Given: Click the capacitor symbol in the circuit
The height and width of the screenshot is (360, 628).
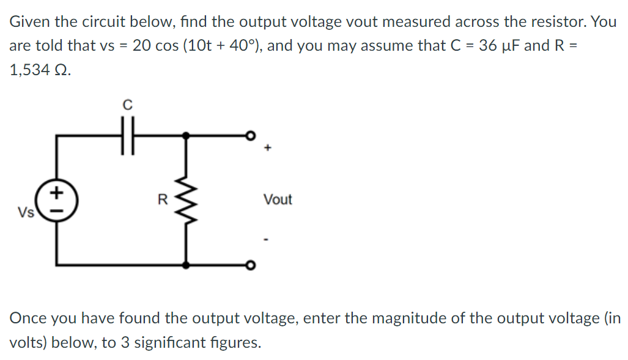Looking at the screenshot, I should pos(127,137).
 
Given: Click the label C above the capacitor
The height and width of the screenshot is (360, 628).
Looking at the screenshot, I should pos(127,105).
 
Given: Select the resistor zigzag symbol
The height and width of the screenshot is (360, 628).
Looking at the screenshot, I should pos(187,200).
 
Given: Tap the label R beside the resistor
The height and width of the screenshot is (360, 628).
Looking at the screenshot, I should pos(162,199).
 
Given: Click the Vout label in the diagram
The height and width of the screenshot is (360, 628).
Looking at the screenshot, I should pos(278,200).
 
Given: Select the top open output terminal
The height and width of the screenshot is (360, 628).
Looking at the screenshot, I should pos(249,137).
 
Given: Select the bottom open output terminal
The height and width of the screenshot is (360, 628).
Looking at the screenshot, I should pos(249,265).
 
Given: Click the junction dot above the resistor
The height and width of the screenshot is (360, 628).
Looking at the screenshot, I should pos(187,137).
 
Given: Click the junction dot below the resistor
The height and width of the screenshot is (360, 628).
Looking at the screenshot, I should pos(187,265).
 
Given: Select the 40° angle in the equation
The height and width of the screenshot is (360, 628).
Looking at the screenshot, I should pos(246,46).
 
